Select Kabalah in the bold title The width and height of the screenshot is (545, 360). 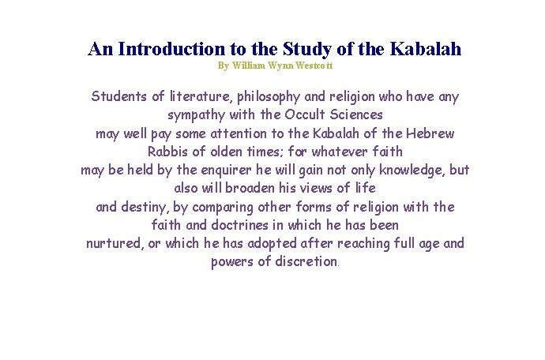coord(425,49)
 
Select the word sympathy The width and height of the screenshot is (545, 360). coord(198,115)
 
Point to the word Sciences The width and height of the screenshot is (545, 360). coord(354,115)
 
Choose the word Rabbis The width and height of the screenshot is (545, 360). coord(171,152)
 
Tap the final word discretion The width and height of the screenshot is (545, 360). coord(306,261)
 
